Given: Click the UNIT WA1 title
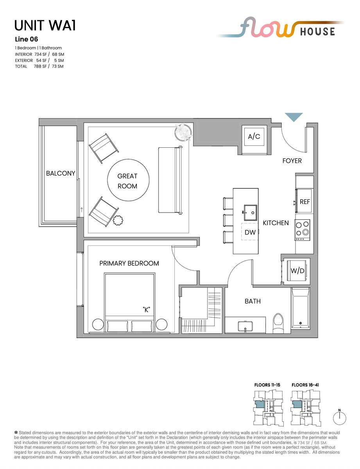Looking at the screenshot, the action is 45,25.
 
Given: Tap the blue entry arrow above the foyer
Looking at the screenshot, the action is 294,117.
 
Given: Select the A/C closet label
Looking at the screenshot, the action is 254,136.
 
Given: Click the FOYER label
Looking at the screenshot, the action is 292,161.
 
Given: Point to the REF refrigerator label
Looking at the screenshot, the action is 305,202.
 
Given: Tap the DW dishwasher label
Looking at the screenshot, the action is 250,232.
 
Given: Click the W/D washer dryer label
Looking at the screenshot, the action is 297,270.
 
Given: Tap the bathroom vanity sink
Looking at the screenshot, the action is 245,326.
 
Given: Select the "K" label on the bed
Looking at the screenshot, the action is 146,310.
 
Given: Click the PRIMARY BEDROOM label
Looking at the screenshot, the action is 129,263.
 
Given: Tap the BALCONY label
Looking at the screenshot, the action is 61,173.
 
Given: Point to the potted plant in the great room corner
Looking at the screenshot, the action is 183,132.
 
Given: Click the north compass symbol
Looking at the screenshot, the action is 340,418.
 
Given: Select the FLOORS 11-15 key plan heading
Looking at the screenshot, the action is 267,385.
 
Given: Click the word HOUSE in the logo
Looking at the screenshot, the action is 317,31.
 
